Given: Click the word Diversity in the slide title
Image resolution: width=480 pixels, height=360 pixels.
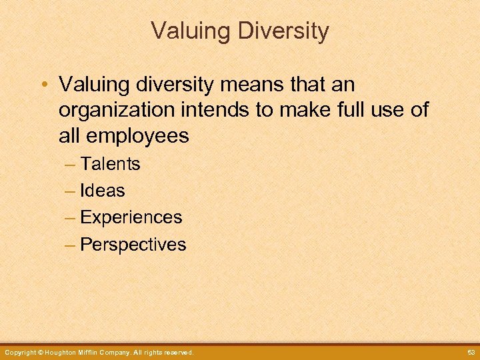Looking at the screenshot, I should (x=281, y=31).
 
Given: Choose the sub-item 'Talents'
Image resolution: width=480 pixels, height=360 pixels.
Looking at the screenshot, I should (x=110, y=163).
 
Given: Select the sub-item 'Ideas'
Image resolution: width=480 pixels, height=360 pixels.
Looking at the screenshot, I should (x=102, y=191).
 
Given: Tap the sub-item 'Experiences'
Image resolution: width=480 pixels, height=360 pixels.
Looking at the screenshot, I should (x=131, y=217).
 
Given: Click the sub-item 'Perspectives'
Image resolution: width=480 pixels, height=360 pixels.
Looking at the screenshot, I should (x=133, y=245).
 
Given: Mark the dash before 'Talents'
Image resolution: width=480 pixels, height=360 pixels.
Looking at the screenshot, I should (x=71, y=164).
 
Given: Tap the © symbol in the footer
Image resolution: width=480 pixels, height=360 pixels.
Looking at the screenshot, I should (x=40, y=352).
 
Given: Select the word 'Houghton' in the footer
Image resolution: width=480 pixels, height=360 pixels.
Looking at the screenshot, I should (x=61, y=352).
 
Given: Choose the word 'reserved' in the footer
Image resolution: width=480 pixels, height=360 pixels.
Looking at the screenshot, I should (x=178, y=352).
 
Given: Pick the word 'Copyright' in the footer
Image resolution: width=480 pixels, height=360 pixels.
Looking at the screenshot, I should (x=19, y=352).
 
